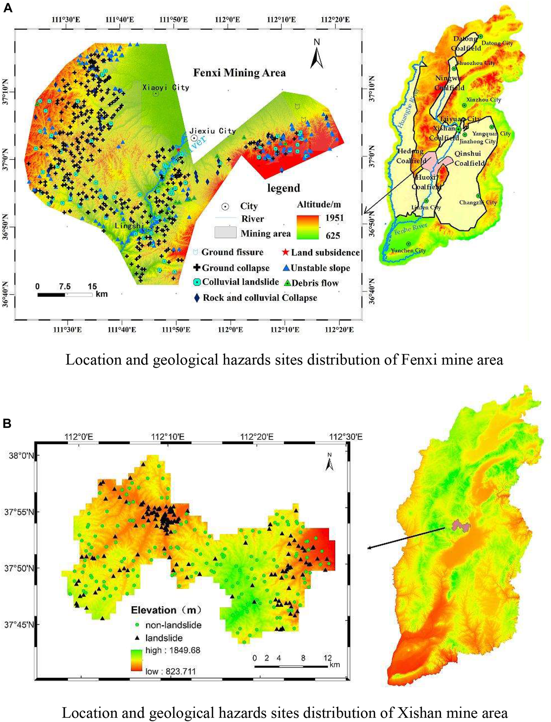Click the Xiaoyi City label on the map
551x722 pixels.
click(x=166, y=87)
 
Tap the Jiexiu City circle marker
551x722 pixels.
click(x=194, y=138)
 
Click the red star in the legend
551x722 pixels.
click(x=285, y=252)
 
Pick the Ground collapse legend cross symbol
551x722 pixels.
click(x=197, y=267)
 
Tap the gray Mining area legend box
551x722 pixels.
click(x=225, y=232)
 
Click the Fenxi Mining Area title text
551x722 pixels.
click(x=239, y=73)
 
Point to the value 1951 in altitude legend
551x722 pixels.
click(x=335, y=218)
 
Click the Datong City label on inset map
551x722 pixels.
click(x=497, y=43)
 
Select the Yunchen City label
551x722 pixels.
click(x=408, y=250)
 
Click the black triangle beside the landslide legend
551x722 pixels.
click(x=138, y=638)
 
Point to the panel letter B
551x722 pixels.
click(x=7, y=423)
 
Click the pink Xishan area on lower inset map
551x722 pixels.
click(x=461, y=525)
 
